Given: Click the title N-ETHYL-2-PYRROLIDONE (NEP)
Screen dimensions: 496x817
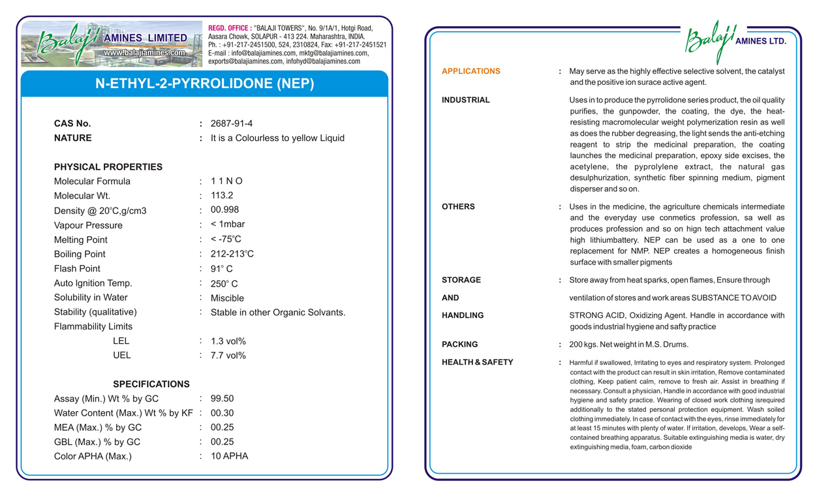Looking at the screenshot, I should pyautogui.click(x=205, y=84).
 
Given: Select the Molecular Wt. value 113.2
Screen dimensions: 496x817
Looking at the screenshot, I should pyautogui.click(x=222, y=195).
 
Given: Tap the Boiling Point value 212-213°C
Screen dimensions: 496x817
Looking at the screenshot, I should pyautogui.click(x=232, y=254).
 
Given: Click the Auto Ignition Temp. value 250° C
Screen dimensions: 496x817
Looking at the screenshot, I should pyautogui.click(x=224, y=284).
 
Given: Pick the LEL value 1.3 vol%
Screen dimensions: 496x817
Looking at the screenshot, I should pyautogui.click(x=228, y=341).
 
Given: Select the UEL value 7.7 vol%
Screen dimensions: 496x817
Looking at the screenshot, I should pyautogui.click(x=228, y=356).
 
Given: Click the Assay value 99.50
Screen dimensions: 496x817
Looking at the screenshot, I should pyautogui.click(x=222, y=399).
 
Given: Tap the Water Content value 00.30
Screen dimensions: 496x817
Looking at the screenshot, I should pyautogui.click(x=222, y=413).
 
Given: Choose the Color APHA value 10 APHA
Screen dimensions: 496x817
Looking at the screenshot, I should pyautogui.click(x=229, y=456).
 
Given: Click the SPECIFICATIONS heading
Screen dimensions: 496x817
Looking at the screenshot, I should pyautogui.click(x=151, y=384).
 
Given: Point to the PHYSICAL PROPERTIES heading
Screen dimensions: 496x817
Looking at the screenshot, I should pyautogui.click(x=108, y=167).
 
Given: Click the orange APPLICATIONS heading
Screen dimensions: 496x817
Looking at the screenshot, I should pyautogui.click(x=470, y=71).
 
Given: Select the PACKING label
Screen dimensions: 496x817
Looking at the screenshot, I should pyautogui.click(x=459, y=345).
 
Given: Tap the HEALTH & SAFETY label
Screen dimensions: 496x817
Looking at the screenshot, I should pyautogui.click(x=477, y=362).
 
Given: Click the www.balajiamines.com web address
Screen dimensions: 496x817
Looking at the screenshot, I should pyautogui.click(x=145, y=52).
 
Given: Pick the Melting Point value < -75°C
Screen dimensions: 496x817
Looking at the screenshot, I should pyautogui.click(x=226, y=239).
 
